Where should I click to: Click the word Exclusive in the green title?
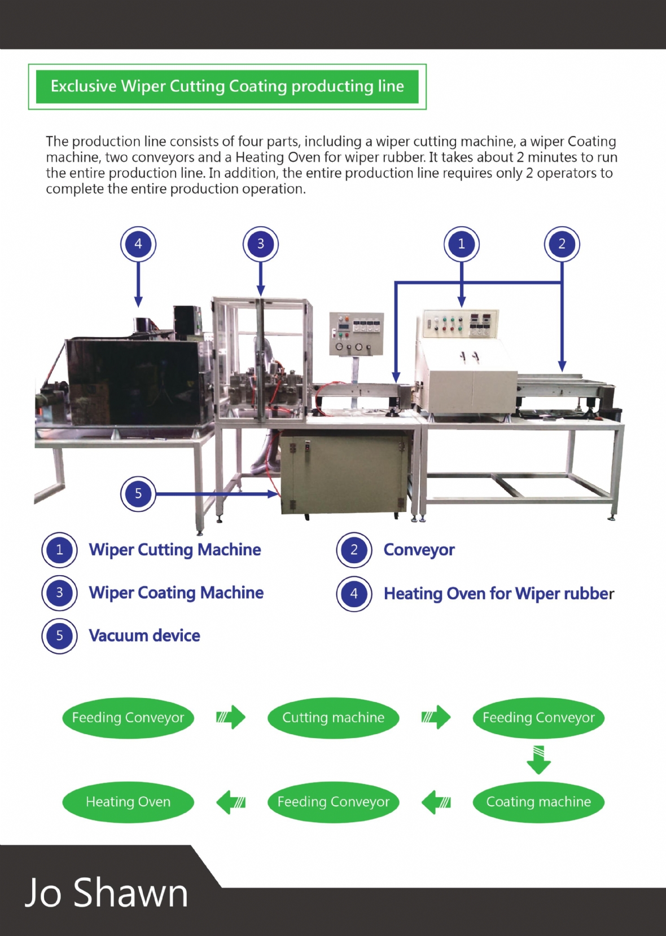click(84, 86)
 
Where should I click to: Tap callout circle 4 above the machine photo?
click(138, 244)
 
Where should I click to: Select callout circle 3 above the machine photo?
click(260, 244)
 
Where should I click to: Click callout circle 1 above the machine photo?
click(461, 244)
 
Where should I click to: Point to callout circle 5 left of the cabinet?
click(138, 494)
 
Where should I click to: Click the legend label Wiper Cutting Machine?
click(175, 550)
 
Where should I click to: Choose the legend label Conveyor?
click(419, 550)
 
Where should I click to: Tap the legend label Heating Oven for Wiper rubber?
click(498, 594)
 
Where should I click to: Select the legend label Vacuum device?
click(144, 636)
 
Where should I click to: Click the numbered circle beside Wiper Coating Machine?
click(59, 593)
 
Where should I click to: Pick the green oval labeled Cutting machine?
click(333, 718)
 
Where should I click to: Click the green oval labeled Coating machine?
click(538, 802)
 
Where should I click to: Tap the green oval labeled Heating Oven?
click(128, 802)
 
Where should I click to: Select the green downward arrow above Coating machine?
click(538, 759)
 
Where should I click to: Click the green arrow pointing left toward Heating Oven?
click(231, 802)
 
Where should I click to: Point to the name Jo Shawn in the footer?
click(106, 893)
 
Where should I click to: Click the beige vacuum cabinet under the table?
click(343, 472)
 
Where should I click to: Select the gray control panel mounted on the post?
click(356, 334)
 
